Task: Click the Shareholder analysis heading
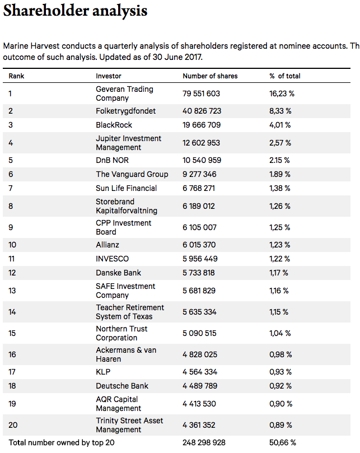point(76,11)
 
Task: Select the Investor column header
point(109,76)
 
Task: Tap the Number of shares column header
point(210,76)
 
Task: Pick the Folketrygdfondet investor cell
point(125,111)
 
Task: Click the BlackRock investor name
point(114,125)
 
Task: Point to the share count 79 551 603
point(202,94)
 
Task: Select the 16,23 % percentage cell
point(282,94)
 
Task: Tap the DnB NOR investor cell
point(112,160)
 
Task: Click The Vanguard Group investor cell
point(132,174)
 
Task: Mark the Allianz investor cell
point(107,245)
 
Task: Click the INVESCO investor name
point(112,259)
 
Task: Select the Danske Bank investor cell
point(118,273)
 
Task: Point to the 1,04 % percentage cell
point(280,333)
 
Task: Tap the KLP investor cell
point(102,372)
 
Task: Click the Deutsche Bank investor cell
point(122,386)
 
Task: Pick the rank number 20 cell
point(13,425)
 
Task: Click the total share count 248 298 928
point(204,443)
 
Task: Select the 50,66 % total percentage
point(283,443)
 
